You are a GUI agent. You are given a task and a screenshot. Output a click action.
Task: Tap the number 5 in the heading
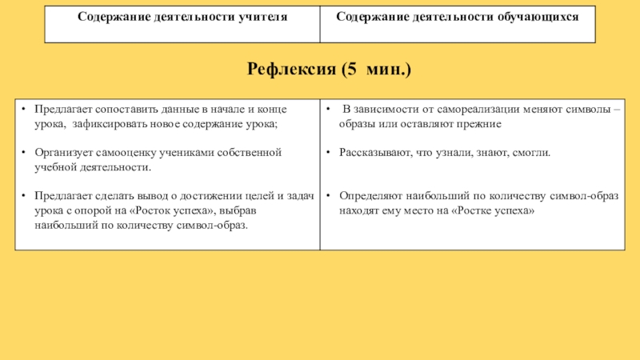349,70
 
